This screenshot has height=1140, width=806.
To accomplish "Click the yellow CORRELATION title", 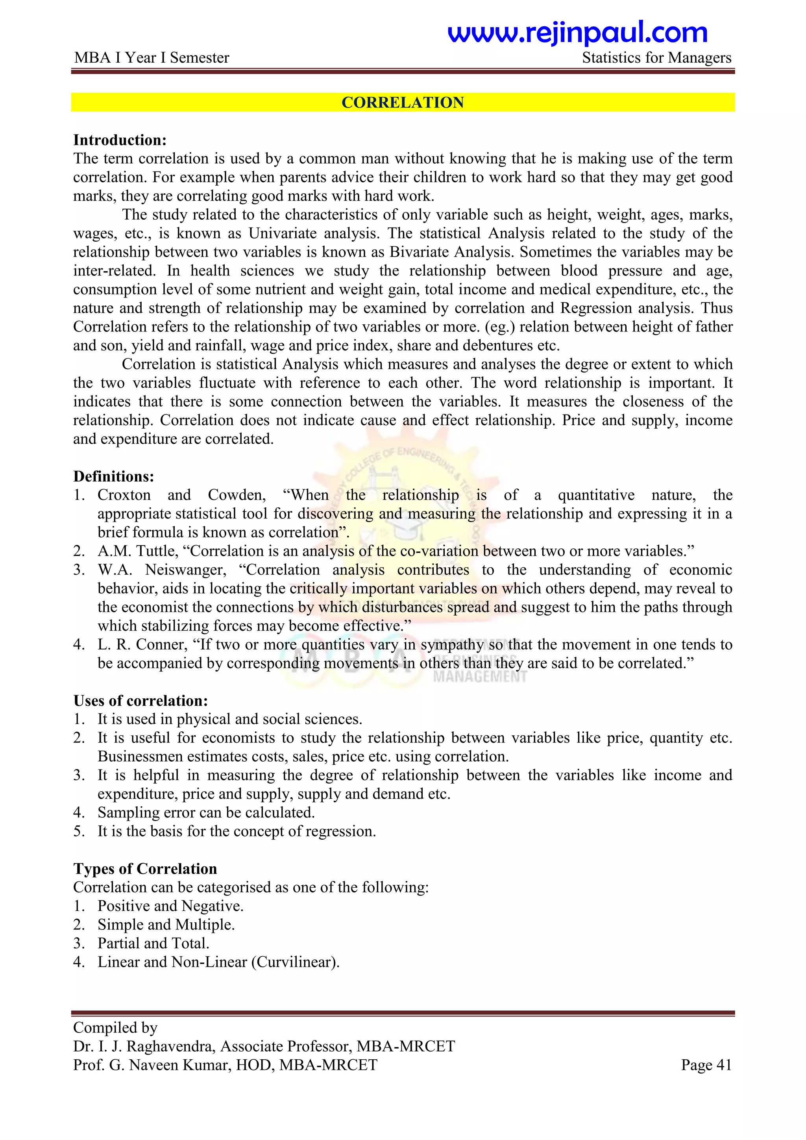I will coord(403,102).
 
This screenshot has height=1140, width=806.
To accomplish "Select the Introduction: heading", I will coord(120,140).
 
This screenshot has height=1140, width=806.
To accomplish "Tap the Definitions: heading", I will coord(114,476).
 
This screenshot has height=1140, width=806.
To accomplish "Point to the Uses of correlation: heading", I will coord(140,701).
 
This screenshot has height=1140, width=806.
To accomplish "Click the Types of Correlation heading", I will coord(145,868).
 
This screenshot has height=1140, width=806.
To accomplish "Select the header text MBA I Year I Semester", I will coord(152,57).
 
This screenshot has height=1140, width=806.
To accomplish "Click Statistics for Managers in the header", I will coord(656,57).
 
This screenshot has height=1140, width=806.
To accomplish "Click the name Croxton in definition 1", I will coord(124,495).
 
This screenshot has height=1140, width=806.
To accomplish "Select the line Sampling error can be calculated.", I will coord(206,812).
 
